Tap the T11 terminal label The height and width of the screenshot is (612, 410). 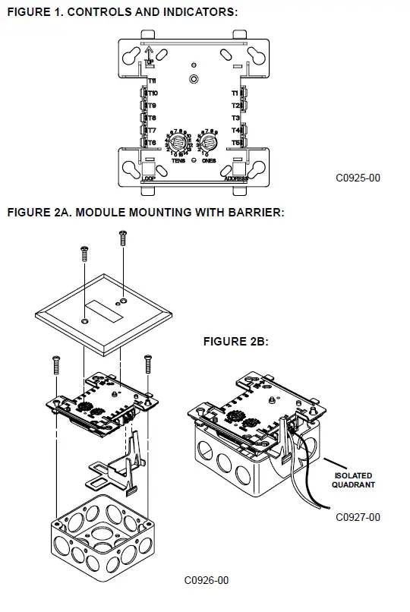152,80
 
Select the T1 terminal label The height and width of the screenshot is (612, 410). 235,93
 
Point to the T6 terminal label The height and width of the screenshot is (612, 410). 151,143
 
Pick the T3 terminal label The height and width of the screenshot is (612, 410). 235,118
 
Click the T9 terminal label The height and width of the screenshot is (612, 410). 151,106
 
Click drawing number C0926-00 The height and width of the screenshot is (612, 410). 206,581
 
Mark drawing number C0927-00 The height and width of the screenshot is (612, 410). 358,518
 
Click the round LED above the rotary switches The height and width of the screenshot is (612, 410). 194,79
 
